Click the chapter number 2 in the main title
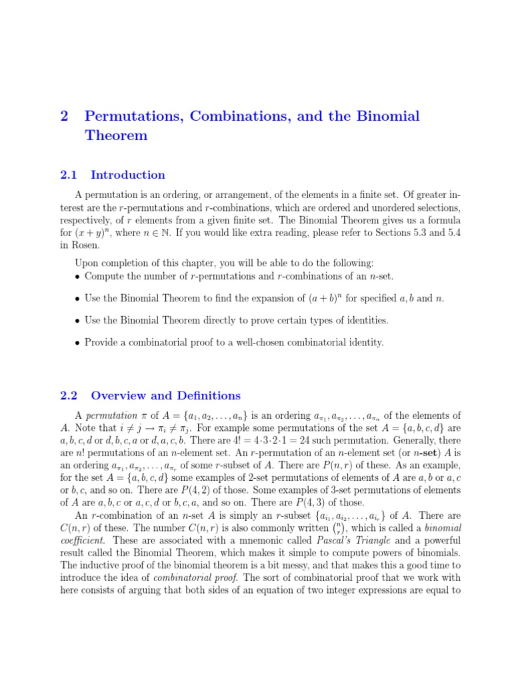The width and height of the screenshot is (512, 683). [x=64, y=117]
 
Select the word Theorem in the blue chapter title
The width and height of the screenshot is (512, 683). [x=116, y=135]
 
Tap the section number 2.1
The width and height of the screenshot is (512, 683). [x=69, y=175]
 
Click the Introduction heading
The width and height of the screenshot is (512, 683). [x=128, y=175]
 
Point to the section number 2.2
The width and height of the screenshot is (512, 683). [x=69, y=396]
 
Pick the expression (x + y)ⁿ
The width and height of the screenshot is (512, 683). [x=95, y=233]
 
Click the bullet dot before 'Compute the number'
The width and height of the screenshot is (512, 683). [x=78, y=277]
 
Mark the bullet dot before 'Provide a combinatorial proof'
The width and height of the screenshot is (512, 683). [x=78, y=343]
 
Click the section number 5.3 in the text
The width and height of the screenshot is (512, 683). [x=423, y=233]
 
